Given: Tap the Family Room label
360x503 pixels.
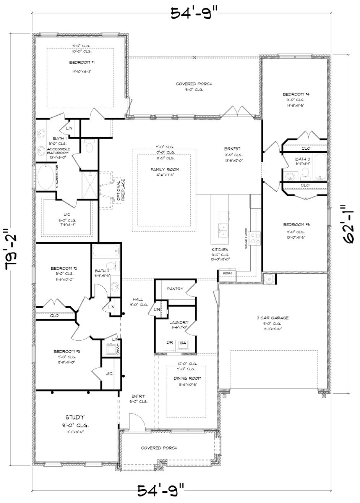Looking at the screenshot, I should (x=165, y=170).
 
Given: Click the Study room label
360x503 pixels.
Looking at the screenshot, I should (x=75, y=417).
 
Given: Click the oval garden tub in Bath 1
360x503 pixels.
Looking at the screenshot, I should (x=47, y=176).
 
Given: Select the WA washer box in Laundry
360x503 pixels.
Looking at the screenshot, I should (x=183, y=343).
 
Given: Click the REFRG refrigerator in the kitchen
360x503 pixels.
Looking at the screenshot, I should (x=227, y=273).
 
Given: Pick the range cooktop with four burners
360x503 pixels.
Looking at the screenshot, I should (x=255, y=239).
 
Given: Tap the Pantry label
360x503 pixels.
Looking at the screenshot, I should (x=175, y=289).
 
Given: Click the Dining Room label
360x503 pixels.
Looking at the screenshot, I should (x=187, y=378).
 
